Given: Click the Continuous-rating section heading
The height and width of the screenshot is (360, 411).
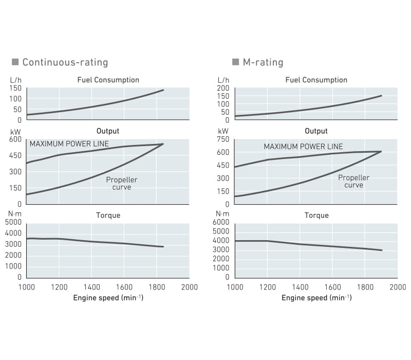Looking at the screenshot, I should click(x=65, y=62).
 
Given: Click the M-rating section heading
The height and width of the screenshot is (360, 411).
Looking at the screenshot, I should click(x=263, y=62).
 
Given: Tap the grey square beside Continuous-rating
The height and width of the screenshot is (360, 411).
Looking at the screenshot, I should click(x=15, y=62).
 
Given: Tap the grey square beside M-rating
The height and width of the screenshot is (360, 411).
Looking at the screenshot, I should click(x=236, y=62).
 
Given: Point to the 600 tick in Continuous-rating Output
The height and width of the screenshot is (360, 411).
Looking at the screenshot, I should click(x=15, y=139).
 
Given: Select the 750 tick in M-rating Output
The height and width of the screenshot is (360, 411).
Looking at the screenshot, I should click(x=223, y=139).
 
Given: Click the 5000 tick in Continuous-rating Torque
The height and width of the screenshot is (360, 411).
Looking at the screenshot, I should click(x=13, y=222).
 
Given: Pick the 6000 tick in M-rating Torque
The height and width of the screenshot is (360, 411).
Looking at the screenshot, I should click(x=221, y=222).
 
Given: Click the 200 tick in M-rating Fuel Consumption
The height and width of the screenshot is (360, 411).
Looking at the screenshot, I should click(x=223, y=88).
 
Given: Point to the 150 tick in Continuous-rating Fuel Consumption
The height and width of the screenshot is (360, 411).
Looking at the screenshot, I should click(x=15, y=88).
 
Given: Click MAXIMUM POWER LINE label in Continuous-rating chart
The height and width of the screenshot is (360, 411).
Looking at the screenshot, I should click(x=69, y=144).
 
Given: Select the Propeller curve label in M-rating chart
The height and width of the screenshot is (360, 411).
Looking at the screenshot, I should click(x=353, y=182).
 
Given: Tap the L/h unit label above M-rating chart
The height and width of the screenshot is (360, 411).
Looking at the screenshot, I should click(x=223, y=80).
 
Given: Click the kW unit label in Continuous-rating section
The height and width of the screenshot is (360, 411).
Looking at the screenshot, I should click(x=15, y=132).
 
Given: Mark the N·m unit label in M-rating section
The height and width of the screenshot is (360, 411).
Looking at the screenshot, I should click(x=222, y=214).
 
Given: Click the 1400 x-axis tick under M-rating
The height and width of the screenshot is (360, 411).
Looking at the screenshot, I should click(x=300, y=287).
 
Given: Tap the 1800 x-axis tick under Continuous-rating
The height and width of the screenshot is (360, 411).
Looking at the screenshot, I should click(x=157, y=287).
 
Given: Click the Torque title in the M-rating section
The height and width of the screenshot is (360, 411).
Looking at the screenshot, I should click(x=316, y=215).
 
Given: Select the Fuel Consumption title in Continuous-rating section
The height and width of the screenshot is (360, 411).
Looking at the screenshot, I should click(x=108, y=80).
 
